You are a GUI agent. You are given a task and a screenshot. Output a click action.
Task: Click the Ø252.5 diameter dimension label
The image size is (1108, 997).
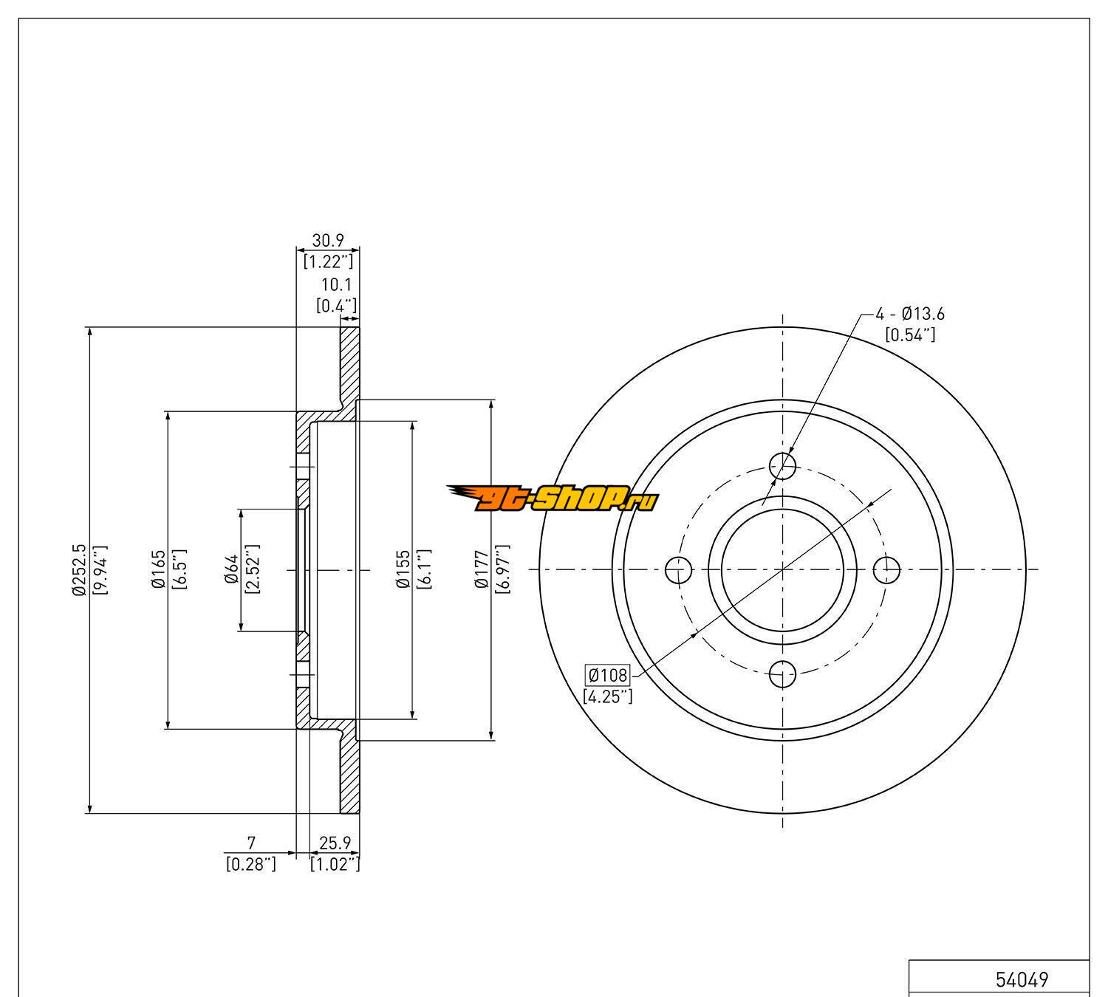click(78, 569)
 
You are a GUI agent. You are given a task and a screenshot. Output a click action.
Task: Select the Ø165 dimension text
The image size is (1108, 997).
click(157, 569)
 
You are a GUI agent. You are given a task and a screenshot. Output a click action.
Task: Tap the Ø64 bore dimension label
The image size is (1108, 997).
click(231, 569)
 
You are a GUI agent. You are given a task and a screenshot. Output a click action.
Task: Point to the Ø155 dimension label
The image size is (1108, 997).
click(403, 569)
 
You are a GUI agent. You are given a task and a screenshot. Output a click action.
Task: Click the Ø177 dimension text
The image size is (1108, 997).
click(482, 569)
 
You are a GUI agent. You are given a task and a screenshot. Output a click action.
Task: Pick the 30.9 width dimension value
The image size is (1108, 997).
click(327, 240)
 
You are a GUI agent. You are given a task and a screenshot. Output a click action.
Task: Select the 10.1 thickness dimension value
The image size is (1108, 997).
click(336, 284)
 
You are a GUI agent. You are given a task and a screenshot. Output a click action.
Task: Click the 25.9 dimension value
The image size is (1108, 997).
click(335, 842)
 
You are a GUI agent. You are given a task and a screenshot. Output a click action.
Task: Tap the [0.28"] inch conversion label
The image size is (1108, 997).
click(251, 864)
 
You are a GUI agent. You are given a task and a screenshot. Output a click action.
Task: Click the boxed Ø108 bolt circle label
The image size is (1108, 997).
click(607, 674)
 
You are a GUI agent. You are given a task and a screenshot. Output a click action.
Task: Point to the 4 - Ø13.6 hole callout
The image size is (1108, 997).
click(910, 314)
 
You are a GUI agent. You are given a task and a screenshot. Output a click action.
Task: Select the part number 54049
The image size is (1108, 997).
click(1022, 980)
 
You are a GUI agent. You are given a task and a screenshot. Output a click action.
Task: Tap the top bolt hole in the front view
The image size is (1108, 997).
click(783, 465)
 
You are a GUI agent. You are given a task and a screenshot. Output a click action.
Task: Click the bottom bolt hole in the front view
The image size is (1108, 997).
click(783, 674)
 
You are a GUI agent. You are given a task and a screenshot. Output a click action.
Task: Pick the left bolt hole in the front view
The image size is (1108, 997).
click(678, 569)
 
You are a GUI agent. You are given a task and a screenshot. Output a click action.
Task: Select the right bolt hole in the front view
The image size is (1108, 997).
click(886, 569)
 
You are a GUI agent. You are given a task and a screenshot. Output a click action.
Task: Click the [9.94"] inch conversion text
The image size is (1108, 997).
click(100, 569)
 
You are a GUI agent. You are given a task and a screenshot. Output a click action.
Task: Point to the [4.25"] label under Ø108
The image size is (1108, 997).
click(607, 696)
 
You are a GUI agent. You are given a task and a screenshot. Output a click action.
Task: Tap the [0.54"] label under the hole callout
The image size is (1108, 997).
click(910, 335)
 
